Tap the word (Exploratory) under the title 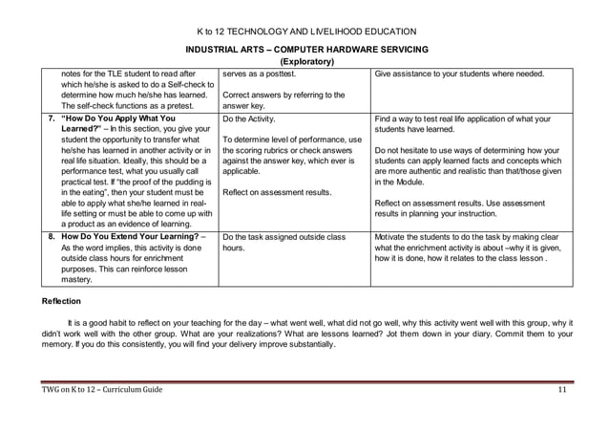304,62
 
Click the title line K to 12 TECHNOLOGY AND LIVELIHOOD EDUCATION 304,32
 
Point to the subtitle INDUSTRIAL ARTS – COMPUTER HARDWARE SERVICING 304,49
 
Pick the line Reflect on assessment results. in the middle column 277,192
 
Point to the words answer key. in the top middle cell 246,106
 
